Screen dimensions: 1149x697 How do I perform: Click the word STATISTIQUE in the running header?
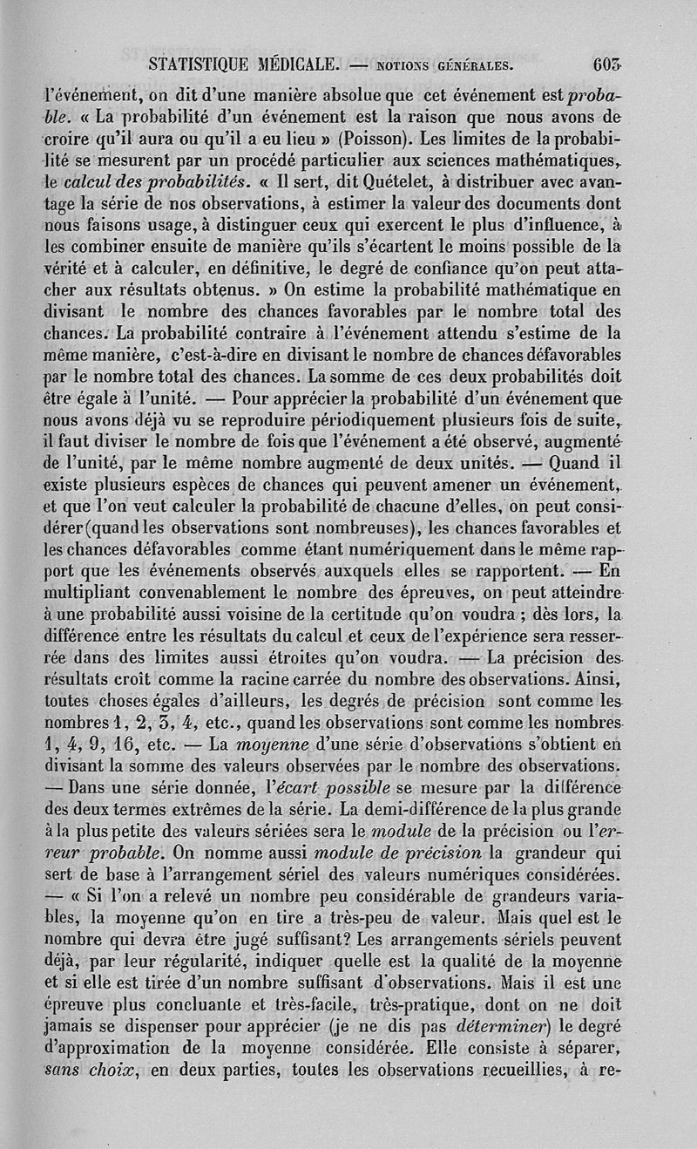198,63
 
